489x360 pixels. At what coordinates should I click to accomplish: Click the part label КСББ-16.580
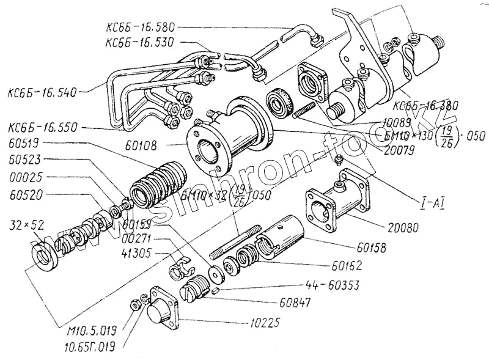[141, 28]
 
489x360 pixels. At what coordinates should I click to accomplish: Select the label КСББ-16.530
[140, 42]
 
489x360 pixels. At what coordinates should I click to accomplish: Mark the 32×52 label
[23, 224]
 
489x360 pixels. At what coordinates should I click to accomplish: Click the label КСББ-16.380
[427, 104]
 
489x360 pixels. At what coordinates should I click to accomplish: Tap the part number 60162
[347, 266]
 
